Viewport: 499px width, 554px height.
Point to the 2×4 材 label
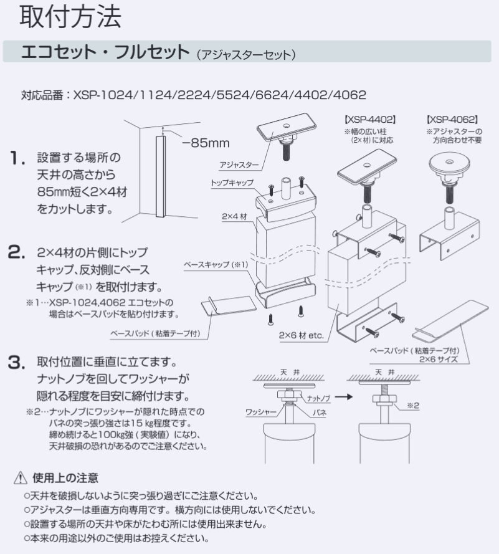coord(235,217)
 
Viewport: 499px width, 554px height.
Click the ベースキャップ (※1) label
coord(216,265)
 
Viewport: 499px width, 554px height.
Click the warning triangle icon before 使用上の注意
coord(22,479)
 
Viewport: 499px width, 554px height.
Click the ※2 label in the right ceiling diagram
coord(414,405)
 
